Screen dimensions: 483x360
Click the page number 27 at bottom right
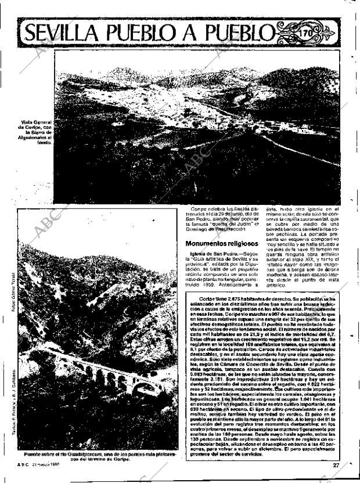pos(336,464)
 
